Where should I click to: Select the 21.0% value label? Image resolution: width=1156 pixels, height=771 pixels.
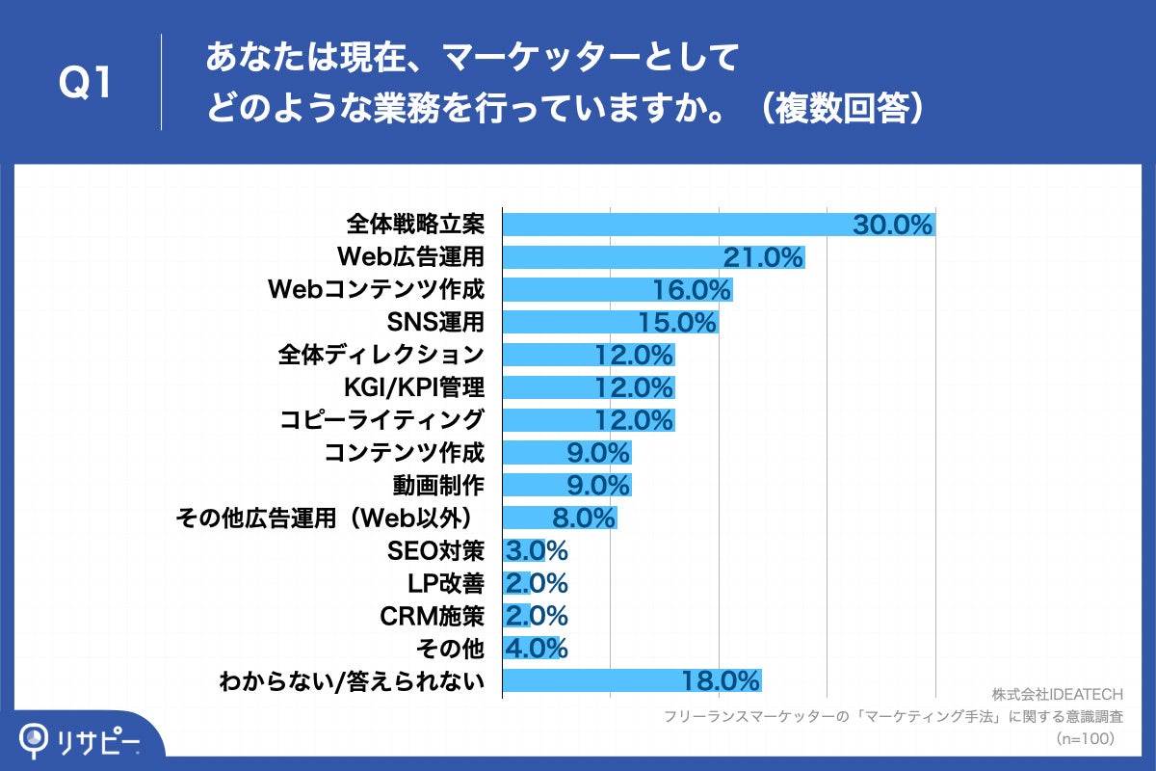pos(763,257)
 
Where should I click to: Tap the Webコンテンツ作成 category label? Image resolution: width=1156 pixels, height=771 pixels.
pos(376,289)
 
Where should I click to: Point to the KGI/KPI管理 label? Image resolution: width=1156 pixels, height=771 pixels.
pos(413,387)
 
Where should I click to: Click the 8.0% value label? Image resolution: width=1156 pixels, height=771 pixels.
pos(584,518)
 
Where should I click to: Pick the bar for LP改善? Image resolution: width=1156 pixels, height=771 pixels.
pos(516,583)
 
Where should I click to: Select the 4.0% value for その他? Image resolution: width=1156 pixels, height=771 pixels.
pos(537,648)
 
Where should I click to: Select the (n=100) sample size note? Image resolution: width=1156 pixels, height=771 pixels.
pos(1086,739)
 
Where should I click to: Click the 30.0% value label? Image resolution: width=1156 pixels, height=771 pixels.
pos(893,225)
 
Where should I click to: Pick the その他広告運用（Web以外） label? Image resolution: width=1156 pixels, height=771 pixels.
pos(328,518)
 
